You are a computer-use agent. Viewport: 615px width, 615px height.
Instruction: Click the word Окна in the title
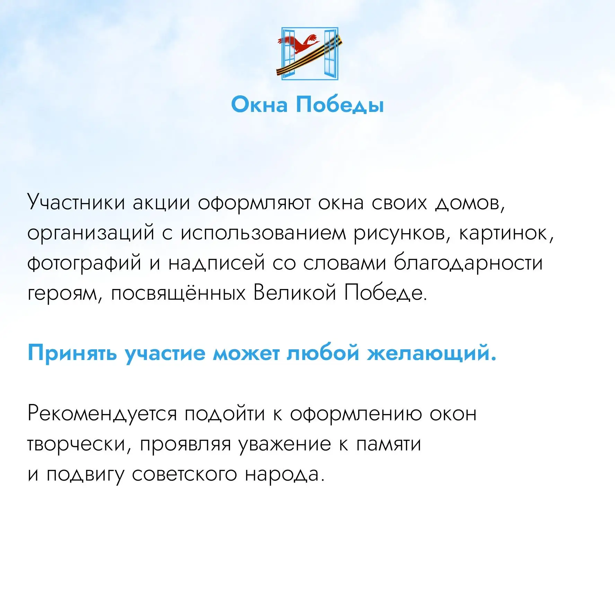(259, 104)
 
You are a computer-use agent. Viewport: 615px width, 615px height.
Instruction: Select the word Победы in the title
(340, 105)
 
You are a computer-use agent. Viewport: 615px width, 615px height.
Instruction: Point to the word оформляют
(254, 203)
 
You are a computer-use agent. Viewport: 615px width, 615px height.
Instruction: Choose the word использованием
(263, 233)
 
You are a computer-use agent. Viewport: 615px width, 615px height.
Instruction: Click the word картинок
(506, 233)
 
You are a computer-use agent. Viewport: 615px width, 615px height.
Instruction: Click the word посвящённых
(178, 293)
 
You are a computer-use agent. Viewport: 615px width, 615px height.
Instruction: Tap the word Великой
(295, 292)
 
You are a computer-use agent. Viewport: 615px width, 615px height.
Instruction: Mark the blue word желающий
(432, 354)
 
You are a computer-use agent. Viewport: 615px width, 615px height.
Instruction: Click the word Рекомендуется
(102, 414)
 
